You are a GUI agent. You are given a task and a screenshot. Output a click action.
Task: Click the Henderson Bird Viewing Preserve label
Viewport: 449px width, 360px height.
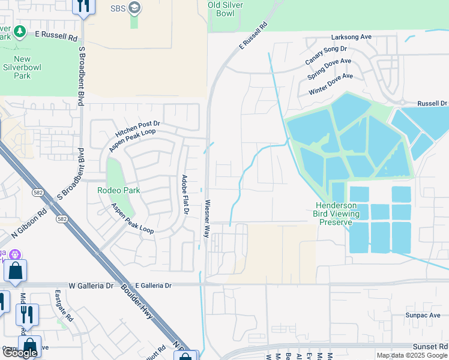337,214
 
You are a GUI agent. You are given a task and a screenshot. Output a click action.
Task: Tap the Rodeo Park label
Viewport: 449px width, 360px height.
118,190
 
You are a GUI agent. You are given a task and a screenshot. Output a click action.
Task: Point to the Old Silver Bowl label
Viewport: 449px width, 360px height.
229,8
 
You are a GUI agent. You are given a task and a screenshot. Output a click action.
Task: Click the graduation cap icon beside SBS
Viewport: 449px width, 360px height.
134,8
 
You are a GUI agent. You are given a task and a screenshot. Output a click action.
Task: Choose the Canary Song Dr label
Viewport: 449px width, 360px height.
326,55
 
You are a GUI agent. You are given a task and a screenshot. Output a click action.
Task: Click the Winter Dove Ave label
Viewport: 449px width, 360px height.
330,84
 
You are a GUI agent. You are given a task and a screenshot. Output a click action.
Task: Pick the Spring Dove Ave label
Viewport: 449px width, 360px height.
329,70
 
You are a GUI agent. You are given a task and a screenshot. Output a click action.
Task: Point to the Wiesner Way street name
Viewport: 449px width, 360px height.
208,218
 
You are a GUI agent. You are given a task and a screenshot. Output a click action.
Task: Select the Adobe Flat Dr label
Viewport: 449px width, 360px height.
185,194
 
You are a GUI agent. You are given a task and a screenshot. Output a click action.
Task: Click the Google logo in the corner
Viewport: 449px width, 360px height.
20,353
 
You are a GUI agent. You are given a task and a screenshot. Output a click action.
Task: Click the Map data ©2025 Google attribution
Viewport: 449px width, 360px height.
412,355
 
